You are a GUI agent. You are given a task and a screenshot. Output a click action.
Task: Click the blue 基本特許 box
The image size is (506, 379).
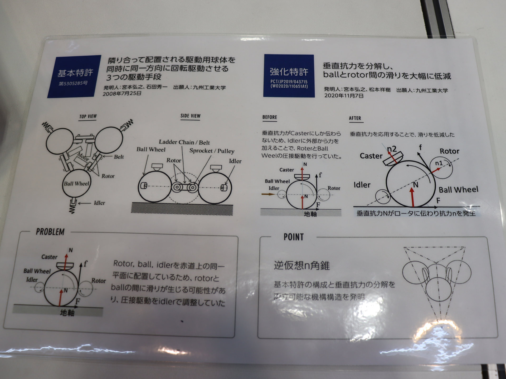click(74, 76)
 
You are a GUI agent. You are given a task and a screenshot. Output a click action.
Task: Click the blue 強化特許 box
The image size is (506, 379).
click(289, 76)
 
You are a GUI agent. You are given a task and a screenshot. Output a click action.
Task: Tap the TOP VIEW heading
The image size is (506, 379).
click(88, 116)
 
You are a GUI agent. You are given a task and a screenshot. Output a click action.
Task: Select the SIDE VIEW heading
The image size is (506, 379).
click(190, 116)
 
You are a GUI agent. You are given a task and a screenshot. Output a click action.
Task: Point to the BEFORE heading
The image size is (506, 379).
click(270, 117)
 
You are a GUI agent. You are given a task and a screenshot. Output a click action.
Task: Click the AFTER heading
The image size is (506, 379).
click(355, 118)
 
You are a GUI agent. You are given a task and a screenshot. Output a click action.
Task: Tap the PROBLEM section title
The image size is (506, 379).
click(50, 232)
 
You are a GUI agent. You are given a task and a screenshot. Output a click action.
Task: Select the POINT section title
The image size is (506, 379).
click(294, 237)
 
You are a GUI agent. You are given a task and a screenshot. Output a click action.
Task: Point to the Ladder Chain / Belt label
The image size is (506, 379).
click(184, 142)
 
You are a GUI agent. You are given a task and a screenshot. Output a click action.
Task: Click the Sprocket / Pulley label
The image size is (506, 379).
click(212, 151)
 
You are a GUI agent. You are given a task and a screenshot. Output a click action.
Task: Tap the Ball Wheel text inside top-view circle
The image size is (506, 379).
click(76, 184)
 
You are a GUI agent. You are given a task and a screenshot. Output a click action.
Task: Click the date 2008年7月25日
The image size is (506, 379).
click(122, 93)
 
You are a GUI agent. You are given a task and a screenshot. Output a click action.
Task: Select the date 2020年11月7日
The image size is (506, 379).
click(344, 96)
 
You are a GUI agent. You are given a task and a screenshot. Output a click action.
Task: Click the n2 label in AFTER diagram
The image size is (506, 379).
click(392, 149)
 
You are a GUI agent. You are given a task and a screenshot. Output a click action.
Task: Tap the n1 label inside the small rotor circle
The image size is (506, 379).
click(439, 163)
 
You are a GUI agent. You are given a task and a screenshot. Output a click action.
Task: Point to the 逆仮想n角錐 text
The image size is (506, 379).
click(302, 265)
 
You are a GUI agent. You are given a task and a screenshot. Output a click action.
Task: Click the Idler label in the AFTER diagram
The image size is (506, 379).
click(362, 185)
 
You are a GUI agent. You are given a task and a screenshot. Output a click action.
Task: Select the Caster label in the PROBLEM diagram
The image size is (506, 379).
click(49, 257)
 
